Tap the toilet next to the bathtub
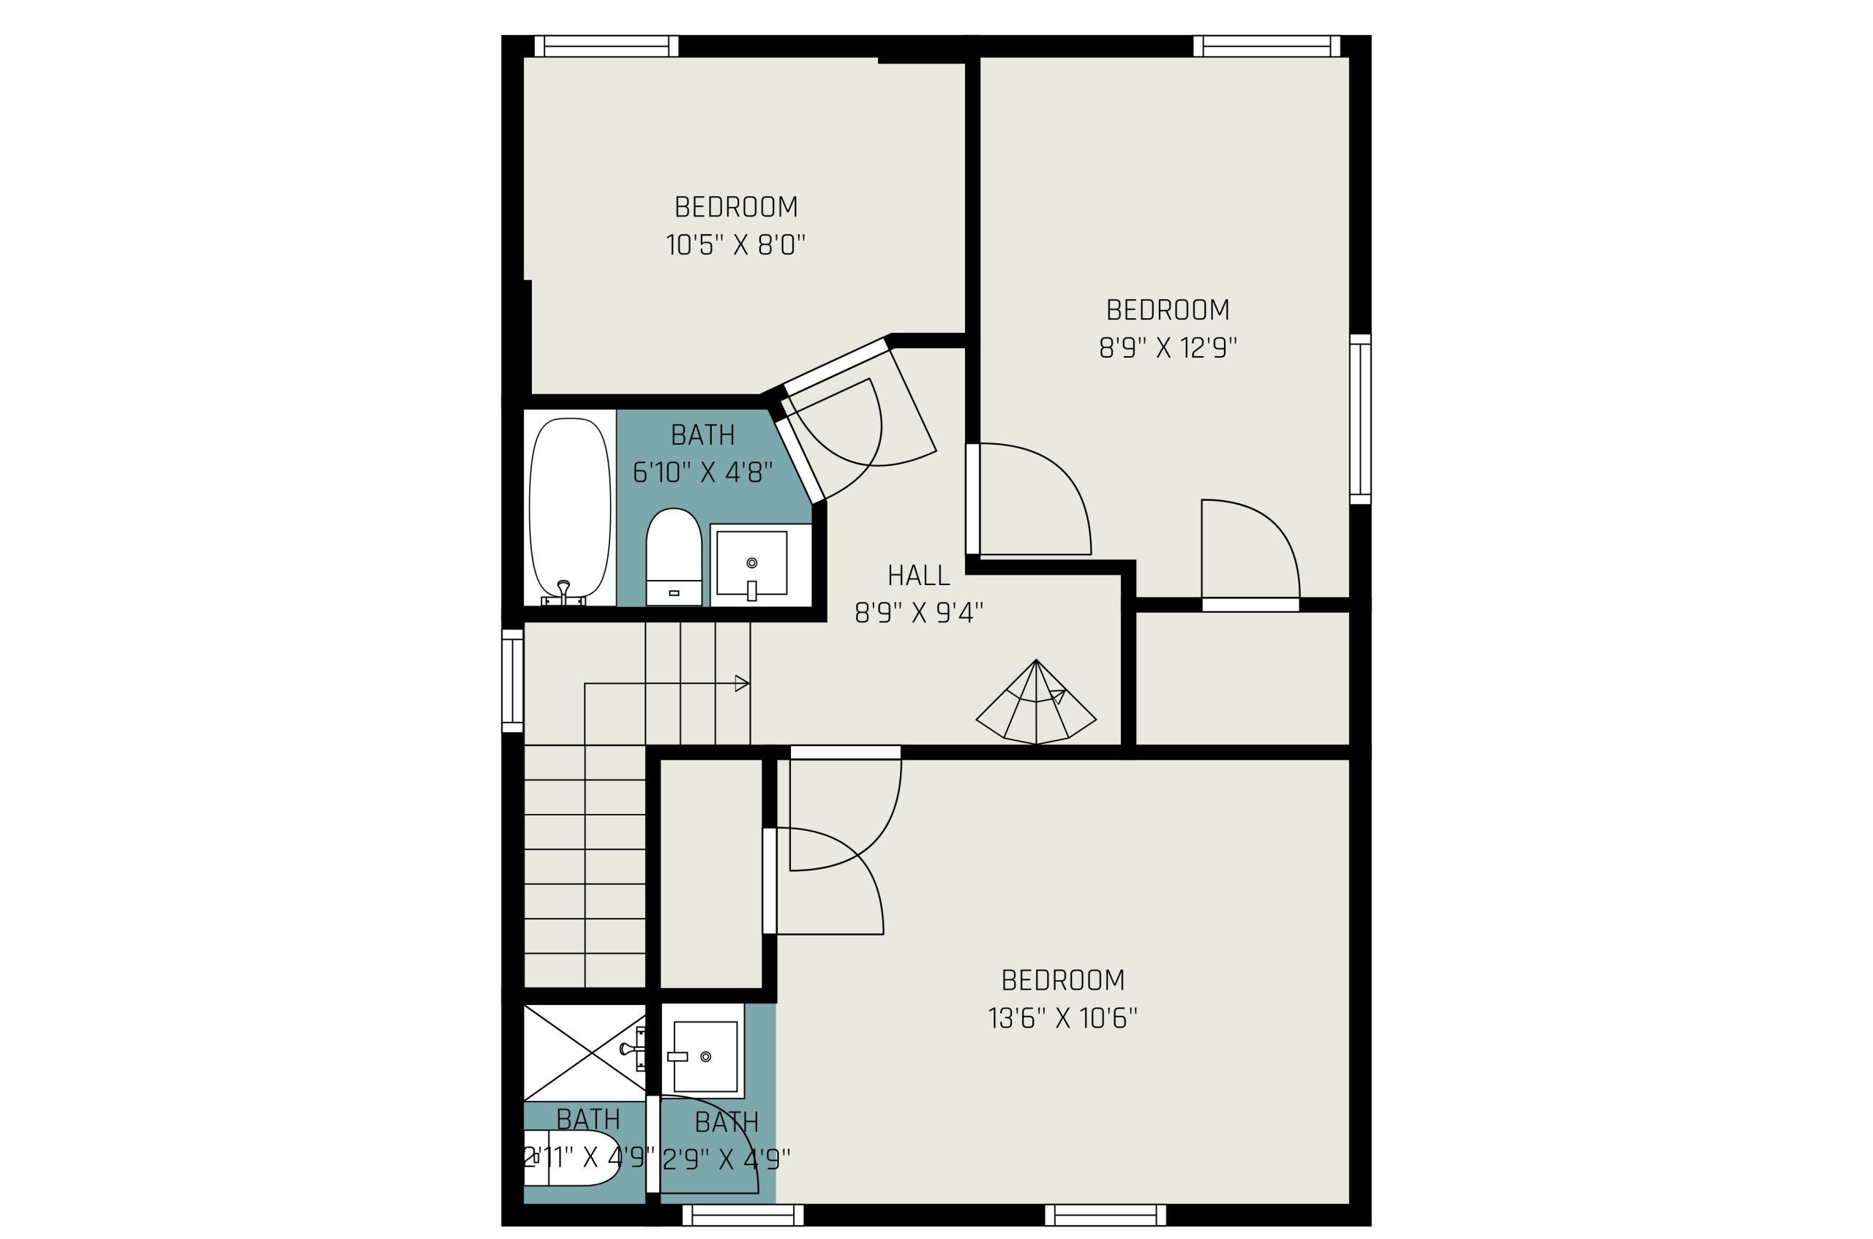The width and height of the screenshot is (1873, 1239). click(x=673, y=557)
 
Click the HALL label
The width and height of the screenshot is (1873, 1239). click(x=918, y=575)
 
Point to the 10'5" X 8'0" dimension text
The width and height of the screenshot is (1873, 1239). click(x=736, y=245)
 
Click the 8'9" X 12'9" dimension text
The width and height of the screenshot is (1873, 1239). click(x=1168, y=347)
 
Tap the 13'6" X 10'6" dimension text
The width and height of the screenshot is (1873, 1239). click(x=1063, y=1019)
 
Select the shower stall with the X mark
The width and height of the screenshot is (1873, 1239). click(x=585, y=1052)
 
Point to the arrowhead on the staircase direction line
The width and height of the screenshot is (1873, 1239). click(x=742, y=684)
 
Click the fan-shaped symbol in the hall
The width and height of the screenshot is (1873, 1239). click(x=1036, y=701)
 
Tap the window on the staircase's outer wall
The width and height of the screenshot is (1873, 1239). click(x=513, y=680)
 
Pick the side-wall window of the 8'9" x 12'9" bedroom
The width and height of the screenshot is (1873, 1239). click(x=1360, y=419)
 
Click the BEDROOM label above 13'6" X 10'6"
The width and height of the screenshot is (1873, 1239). click(x=1063, y=981)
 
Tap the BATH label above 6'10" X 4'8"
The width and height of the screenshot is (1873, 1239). click(x=702, y=434)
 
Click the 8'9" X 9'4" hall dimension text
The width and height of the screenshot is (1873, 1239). click(x=919, y=612)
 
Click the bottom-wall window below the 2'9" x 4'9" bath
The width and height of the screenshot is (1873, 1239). click(x=743, y=1216)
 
